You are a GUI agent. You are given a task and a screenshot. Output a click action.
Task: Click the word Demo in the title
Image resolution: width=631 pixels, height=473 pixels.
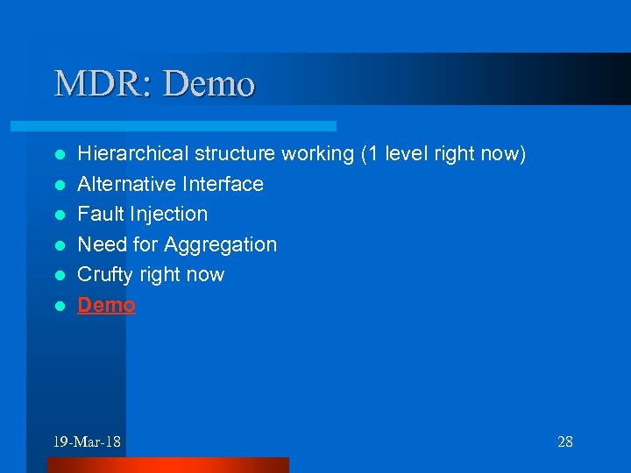coord(209,84)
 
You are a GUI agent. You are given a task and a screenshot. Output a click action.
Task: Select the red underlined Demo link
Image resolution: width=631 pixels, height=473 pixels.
coord(107,305)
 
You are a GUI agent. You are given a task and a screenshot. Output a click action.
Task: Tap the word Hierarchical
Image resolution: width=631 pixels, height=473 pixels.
coord(133,154)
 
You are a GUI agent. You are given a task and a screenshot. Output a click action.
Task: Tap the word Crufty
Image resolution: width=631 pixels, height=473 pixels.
coord(104,275)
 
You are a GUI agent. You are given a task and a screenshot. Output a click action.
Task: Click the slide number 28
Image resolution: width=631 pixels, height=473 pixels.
coord(565,441)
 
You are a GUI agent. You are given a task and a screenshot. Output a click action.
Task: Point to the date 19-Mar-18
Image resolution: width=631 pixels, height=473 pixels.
coord(87,441)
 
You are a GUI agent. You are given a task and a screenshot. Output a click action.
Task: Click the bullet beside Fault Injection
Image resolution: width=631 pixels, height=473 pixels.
coord(60,215)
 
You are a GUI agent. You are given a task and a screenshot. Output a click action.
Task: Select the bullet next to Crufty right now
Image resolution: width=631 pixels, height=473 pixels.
coord(60,275)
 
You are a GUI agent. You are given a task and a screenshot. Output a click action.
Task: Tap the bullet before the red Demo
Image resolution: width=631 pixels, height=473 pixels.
coord(60,306)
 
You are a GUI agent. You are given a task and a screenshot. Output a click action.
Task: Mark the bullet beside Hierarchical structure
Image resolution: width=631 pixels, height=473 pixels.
coord(60,154)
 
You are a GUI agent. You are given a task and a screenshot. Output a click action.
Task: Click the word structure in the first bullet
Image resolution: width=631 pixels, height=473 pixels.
coord(234,154)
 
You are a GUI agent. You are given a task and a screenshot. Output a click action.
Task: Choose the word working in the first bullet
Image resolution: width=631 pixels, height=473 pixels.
coord(317,155)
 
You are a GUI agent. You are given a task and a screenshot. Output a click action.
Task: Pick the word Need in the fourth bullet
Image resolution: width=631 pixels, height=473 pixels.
coord(100,244)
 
